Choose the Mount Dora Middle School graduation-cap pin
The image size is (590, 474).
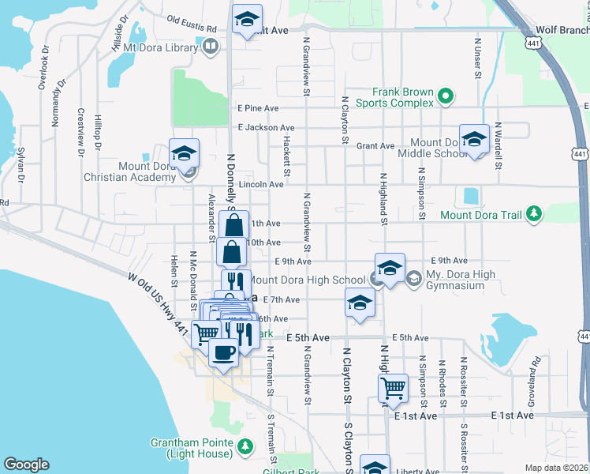point(474,139)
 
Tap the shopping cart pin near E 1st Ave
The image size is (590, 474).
point(393,388)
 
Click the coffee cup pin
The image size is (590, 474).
point(223,352)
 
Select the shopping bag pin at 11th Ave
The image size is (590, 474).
point(234,225)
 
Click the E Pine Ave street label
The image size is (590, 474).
point(252,108)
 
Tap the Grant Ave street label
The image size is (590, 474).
point(375,146)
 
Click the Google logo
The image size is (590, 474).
point(26,464)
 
